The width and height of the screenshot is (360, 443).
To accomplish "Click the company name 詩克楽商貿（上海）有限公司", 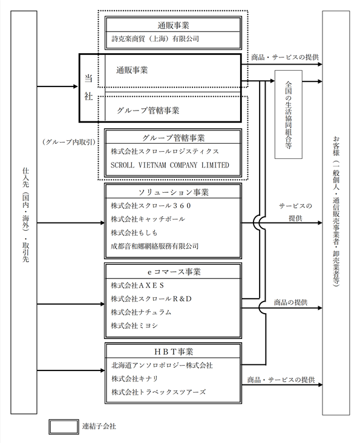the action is point(155,39).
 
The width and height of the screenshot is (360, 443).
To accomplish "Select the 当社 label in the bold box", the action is point(88,87).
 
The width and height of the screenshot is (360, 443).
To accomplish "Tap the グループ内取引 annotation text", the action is point(69,142).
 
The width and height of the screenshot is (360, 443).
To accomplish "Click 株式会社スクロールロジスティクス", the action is point(165,152).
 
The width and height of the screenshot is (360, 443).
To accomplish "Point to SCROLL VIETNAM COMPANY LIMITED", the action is point(169,165).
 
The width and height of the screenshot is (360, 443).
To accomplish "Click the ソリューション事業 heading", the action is point(174,192).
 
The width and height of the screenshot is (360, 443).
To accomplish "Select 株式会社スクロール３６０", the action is point(151,205).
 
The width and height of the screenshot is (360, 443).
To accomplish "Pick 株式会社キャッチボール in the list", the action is point(148,219).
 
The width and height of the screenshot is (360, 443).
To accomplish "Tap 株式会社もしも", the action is point(134,233).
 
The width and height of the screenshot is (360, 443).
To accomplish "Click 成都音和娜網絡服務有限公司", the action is point(155,246).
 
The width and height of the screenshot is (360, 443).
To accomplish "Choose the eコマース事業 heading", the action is point(174,272).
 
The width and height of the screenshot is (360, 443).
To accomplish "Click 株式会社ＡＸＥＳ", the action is point(137,285).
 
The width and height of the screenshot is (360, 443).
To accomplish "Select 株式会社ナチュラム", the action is point(141,312).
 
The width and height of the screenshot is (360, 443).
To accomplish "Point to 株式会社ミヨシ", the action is point(134,326).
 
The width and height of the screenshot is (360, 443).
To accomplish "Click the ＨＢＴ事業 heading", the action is point(174,352).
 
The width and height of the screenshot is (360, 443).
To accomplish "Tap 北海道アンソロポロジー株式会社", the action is point(162,365).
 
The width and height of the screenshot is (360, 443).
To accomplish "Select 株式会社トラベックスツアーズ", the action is point(159,392).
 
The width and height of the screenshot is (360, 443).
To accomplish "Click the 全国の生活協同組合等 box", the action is point(289,114).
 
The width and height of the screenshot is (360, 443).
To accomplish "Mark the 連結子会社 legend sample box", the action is point(64,427).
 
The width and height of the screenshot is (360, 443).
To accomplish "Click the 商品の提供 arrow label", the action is point(290,302).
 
